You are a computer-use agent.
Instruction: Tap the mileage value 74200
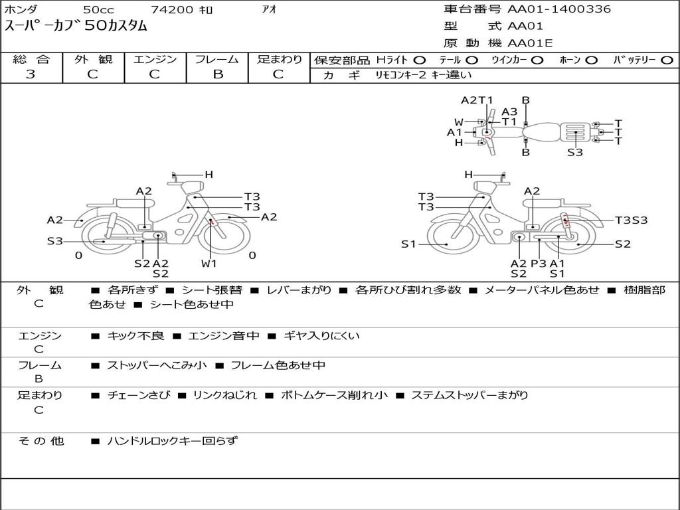(x=172, y=10)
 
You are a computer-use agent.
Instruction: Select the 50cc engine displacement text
(x=98, y=10)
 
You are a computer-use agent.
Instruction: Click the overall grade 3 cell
(x=31, y=74)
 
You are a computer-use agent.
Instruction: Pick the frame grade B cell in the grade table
(x=217, y=74)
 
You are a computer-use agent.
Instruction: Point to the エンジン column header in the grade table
(x=155, y=60)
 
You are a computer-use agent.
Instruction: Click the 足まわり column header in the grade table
(x=280, y=60)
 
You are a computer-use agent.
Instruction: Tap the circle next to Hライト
(x=420, y=60)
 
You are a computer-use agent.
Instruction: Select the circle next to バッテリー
(x=667, y=60)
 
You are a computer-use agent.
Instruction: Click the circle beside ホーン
(x=591, y=60)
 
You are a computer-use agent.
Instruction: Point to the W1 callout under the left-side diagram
(x=209, y=264)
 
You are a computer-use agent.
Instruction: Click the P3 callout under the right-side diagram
(x=538, y=264)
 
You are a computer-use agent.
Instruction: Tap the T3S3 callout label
(x=631, y=220)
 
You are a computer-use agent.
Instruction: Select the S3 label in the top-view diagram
(x=575, y=152)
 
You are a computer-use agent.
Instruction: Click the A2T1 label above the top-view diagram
(x=477, y=100)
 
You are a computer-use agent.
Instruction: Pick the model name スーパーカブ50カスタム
(x=76, y=27)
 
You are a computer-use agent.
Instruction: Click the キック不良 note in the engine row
(x=135, y=336)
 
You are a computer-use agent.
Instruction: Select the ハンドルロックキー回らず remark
(x=172, y=440)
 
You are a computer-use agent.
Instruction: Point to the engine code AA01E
(x=530, y=44)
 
